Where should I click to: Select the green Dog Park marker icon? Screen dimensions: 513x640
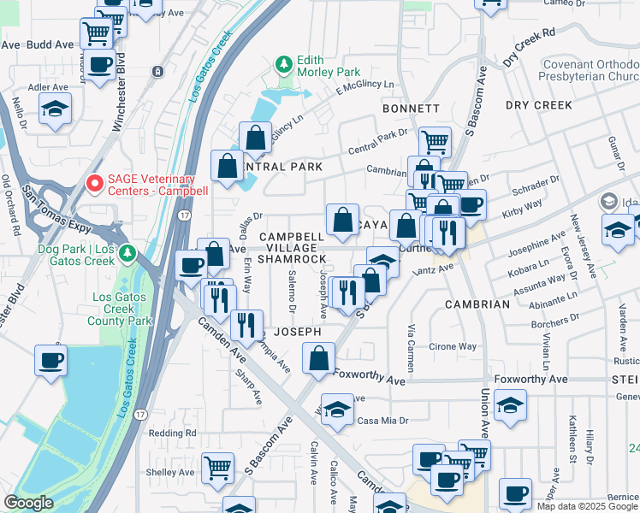pos(128,252)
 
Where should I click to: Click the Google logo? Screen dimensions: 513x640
pos(28,504)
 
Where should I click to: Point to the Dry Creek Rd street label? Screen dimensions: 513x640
pos(530,46)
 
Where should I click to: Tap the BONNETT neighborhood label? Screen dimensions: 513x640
pos(411,109)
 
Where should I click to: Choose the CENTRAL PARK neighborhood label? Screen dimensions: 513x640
pos(282,166)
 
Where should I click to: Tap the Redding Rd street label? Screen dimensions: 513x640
pos(172,433)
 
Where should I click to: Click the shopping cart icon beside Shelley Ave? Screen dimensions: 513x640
pos(218,468)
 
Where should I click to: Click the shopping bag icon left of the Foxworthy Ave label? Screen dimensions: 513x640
pos(318,358)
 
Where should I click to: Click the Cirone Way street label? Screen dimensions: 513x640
pos(453,347)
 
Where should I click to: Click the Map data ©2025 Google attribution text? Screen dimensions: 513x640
pos(587,506)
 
